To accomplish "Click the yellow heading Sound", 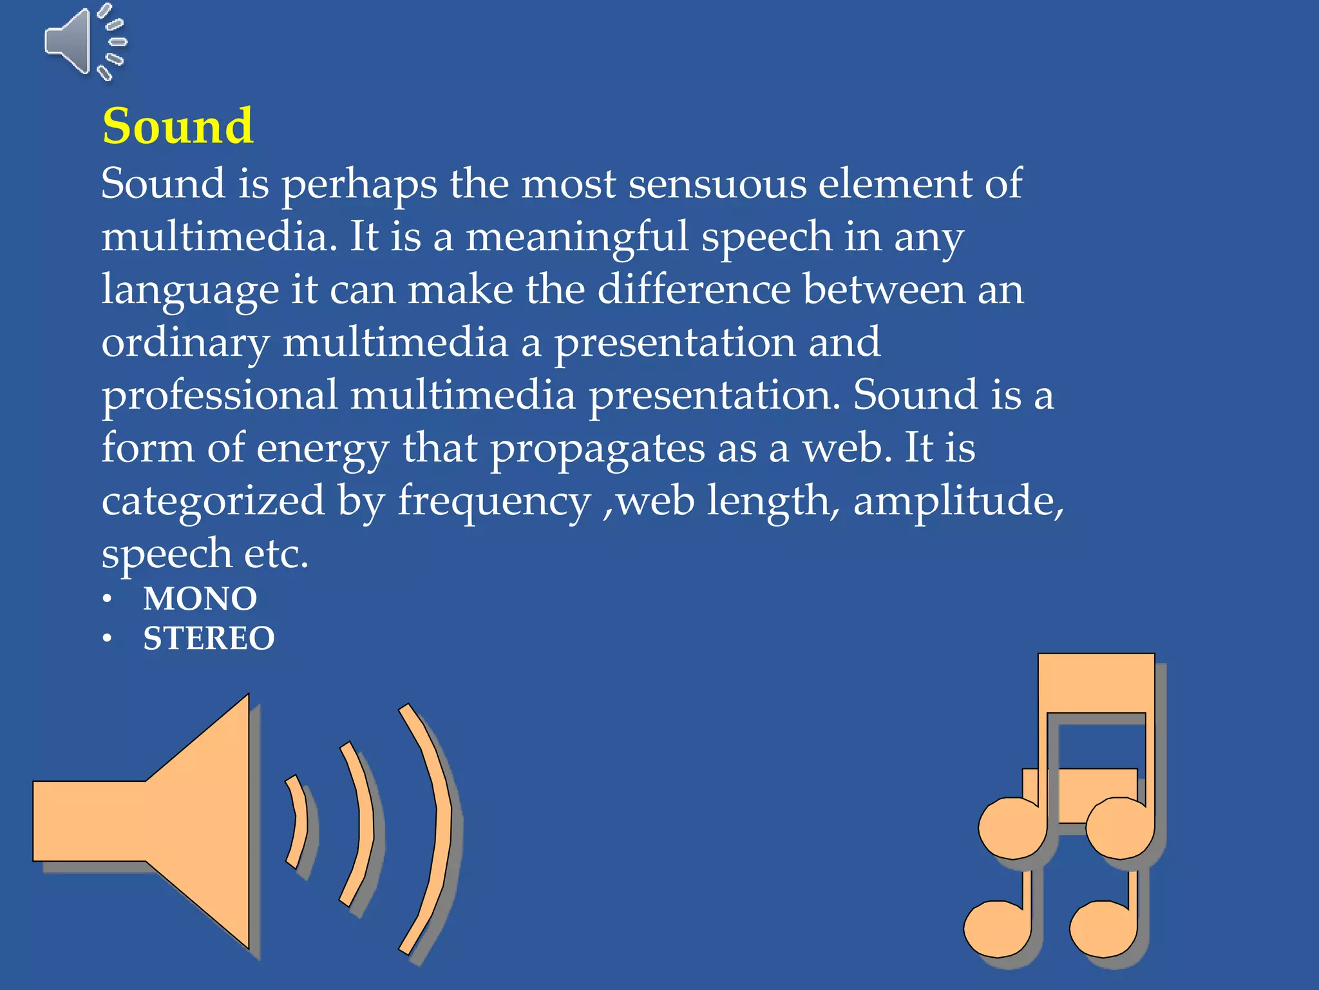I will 178,126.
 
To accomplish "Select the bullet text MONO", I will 200,599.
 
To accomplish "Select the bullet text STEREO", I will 209,639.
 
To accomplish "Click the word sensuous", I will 717,184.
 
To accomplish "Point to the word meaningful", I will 577,237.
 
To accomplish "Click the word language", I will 191,291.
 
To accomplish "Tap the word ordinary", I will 185,344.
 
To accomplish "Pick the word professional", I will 220,396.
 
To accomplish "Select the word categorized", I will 213,501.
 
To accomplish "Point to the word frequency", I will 494,503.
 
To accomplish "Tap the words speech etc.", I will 205,554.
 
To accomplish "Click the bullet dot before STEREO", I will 108,639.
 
